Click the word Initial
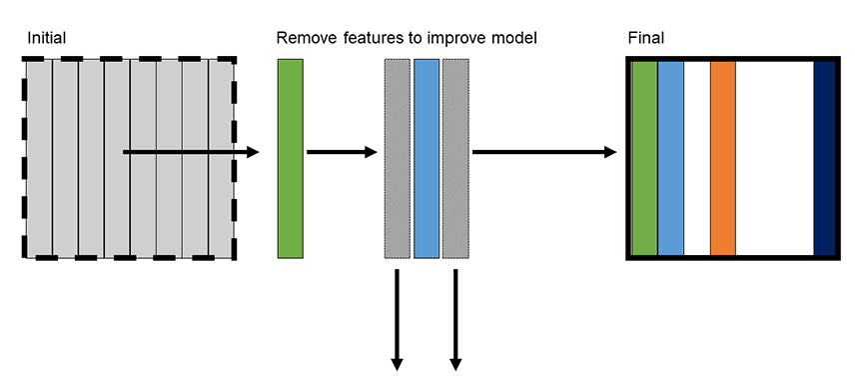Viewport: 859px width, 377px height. pyautogui.click(x=47, y=38)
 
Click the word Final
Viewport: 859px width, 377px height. pyautogui.click(x=645, y=38)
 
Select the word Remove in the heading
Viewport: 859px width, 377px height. pyautogui.click(x=306, y=38)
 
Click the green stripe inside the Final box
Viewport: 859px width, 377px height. pyautogui.click(x=644, y=158)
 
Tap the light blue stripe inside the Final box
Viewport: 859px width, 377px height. pyautogui.click(x=670, y=158)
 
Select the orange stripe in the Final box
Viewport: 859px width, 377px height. pyautogui.click(x=723, y=158)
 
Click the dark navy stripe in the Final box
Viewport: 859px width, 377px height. pyautogui.click(x=824, y=158)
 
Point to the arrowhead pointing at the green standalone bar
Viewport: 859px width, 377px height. pyautogui.click(x=252, y=152)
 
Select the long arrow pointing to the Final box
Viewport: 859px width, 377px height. pyautogui.click(x=544, y=152)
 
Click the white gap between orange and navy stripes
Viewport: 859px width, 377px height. pyautogui.click(x=774, y=158)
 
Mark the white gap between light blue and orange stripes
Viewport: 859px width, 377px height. pyautogui.click(x=697, y=158)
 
